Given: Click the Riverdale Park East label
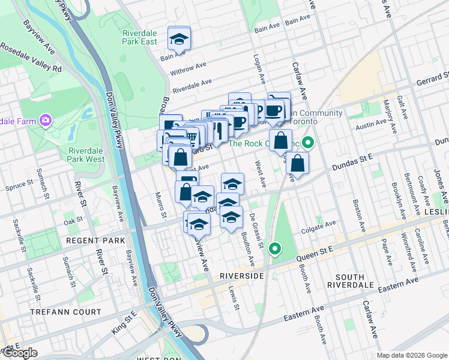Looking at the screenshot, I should point(139,37).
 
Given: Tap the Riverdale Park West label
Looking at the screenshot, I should point(87,154).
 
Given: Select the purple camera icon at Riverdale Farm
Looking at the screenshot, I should point(45,121).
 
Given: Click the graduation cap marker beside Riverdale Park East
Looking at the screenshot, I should point(179,39).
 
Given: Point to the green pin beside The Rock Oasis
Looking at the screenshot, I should point(308,143).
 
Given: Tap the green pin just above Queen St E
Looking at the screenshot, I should point(275,247).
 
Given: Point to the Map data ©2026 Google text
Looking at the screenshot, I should point(412,355).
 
